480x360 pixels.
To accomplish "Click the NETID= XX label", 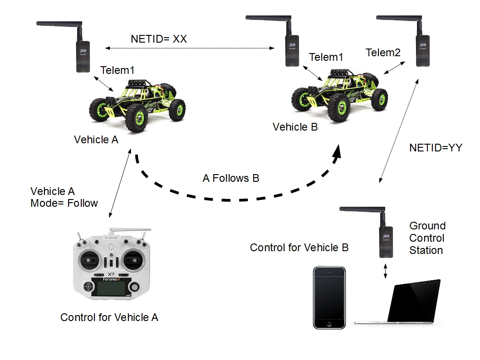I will pos(158,39).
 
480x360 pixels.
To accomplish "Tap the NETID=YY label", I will pos(436,147).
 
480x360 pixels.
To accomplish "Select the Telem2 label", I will pos(383,53).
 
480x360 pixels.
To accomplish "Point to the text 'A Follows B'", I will pos(230,178).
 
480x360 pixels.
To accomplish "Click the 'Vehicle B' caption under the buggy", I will pos(295,127).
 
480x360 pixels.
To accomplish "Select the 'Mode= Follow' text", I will pos(64,203).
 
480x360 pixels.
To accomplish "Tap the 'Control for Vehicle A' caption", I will pos(109,317).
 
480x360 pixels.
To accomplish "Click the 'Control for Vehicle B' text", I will pos(299,248).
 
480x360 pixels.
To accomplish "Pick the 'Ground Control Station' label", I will pos(427,238).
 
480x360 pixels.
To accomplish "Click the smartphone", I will pos(329,297).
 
